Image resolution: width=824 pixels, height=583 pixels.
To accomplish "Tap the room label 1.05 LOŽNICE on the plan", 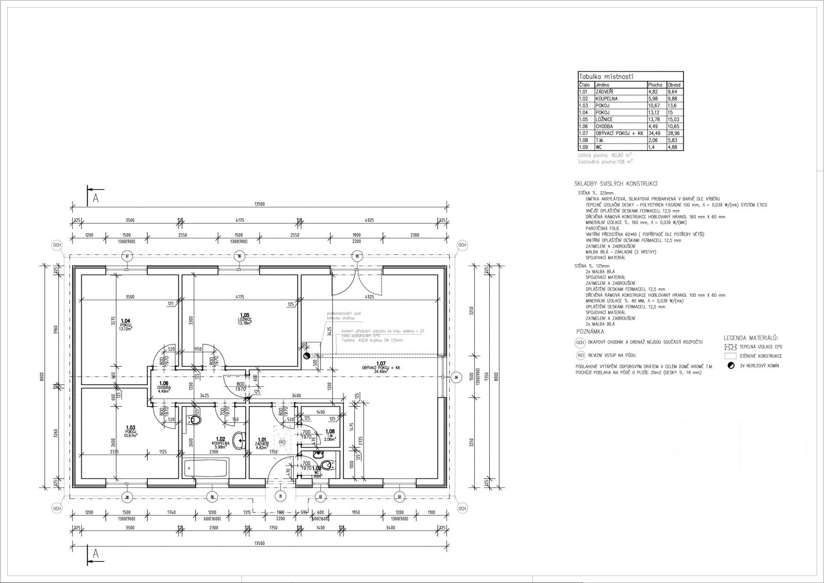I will [x=244, y=319].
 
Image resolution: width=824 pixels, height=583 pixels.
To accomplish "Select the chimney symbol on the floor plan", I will [x=307, y=355].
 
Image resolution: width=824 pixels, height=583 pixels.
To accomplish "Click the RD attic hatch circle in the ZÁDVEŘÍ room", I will [x=282, y=442].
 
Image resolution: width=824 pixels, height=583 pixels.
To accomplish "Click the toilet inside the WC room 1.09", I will [x=330, y=466].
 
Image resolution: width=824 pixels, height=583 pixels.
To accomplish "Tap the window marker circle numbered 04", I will [x=455, y=379].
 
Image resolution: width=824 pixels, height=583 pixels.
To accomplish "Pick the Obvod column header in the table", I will [x=674, y=84].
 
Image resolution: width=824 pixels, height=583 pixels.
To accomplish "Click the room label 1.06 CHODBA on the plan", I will [x=164, y=386].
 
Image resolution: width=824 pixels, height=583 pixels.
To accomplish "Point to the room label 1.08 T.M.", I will [x=330, y=434].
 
